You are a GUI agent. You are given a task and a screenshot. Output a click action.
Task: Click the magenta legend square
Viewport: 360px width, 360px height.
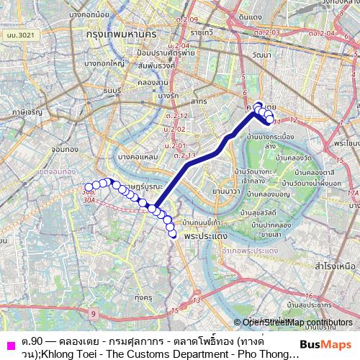click(9, 343)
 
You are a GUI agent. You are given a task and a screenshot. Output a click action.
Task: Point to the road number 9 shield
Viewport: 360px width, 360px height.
click(94, 314)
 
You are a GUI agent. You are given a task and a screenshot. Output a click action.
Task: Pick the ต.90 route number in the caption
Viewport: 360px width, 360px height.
click(33, 340)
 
